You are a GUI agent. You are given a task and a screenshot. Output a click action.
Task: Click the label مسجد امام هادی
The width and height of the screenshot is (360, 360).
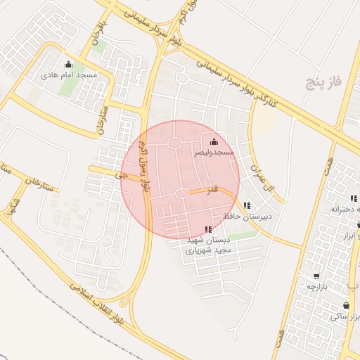tap(68, 75)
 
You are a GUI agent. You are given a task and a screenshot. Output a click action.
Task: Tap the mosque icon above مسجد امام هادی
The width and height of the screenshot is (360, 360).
tap(68, 65)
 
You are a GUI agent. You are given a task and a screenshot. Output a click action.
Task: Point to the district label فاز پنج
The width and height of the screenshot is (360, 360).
tap(323, 82)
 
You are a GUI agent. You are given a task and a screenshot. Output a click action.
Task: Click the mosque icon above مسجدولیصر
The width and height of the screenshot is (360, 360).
tap(214, 141)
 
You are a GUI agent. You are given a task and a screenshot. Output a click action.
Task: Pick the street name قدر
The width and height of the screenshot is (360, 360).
tap(212, 191)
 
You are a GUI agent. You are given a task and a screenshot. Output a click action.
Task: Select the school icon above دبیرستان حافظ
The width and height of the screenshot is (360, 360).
tap(246, 205)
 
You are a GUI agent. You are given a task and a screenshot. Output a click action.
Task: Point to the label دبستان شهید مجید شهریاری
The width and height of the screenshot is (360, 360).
tap(208, 244)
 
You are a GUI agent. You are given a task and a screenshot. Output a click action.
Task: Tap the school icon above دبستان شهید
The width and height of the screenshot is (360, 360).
tap(207, 229)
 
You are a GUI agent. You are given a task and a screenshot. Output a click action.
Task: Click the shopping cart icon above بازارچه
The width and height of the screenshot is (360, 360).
tap(316, 276)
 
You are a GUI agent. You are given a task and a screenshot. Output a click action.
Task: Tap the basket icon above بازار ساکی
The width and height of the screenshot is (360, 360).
tap(346, 306)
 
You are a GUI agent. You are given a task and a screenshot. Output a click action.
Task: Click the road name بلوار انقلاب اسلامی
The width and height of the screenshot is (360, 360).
tap(106, 304)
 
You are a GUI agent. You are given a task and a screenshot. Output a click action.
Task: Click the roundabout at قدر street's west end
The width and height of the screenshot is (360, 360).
tap(181, 193)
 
